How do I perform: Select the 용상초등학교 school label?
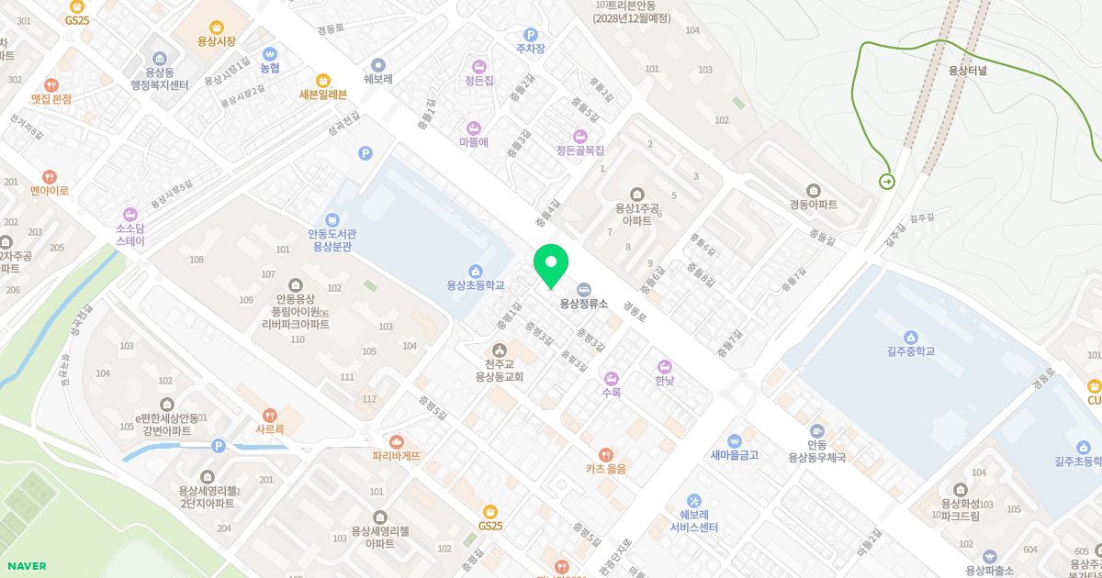coord(476,285)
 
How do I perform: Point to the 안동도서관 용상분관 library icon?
coord(333,219)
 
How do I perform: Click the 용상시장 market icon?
coord(217,28)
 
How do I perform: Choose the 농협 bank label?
coord(269,68)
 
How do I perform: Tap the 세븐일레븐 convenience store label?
coord(322,94)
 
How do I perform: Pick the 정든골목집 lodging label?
coord(579,150)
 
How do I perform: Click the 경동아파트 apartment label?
coord(814,205)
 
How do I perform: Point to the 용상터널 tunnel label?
coord(967,70)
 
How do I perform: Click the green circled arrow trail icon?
coord(887,182)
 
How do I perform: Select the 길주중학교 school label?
coord(910,351)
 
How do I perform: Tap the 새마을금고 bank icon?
coord(734,440)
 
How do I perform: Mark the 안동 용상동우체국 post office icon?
coord(816,429)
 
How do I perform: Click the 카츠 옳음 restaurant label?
coord(606,468)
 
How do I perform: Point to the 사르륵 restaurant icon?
coord(269,415)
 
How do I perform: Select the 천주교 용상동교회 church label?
coord(499,370)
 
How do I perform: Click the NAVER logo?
coord(25,566)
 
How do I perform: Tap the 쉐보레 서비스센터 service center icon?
coord(693,500)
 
